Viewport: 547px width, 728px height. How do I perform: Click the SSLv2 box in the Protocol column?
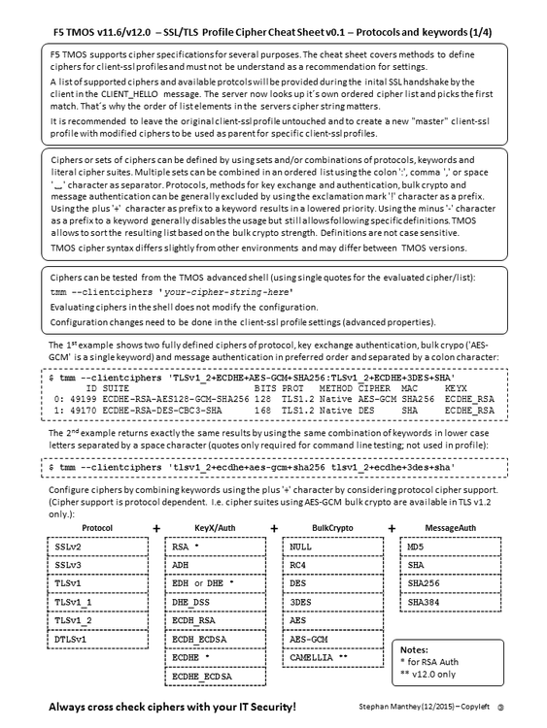point(95,547)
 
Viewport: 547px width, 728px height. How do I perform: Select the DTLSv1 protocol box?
point(95,640)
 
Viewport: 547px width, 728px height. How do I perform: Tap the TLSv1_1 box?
point(95,602)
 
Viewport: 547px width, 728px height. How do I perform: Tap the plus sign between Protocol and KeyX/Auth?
point(155,528)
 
